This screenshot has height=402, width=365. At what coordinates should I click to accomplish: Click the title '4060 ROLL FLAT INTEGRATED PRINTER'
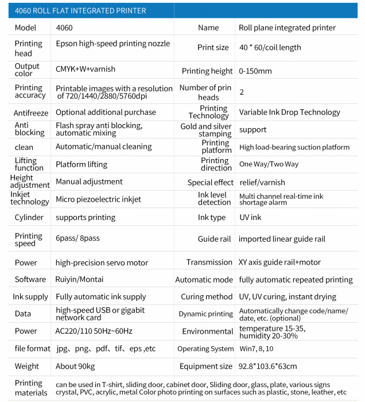tap(80, 10)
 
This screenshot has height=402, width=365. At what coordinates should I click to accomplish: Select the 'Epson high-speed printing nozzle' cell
tap(112, 44)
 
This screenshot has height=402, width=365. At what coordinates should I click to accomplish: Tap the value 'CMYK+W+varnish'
tap(86, 69)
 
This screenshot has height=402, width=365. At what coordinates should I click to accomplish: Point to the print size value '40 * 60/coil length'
tap(270, 48)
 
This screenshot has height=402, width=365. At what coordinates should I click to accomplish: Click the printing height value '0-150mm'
tap(255, 71)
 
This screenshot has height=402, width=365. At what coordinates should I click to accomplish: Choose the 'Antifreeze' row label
tap(31, 113)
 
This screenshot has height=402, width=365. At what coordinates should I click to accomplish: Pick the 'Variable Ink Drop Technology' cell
tap(289, 112)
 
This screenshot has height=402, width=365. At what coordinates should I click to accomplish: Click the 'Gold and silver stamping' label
tap(206, 130)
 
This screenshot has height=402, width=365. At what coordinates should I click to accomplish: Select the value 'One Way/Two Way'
tap(269, 164)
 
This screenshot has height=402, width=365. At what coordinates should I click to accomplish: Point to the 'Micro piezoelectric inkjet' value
tap(98, 199)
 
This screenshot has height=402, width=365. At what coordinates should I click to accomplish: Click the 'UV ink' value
tap(250, 218)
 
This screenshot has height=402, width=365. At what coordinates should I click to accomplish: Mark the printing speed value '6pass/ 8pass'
tap(77, 238)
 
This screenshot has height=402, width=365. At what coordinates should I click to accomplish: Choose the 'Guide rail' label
tap(215, 239)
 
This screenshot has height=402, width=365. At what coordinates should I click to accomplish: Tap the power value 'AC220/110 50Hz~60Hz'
tap(94, 331)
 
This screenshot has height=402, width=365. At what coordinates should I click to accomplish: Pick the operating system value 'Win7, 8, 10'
tap(257, 349)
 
